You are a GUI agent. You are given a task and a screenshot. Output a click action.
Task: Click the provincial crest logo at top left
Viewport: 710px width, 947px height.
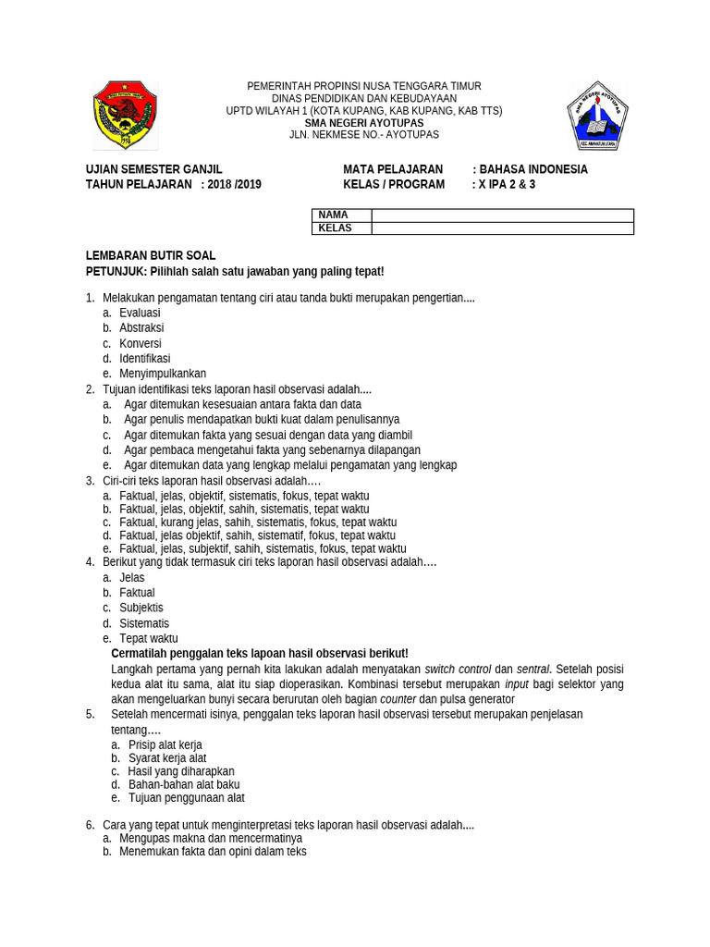pos(125,116)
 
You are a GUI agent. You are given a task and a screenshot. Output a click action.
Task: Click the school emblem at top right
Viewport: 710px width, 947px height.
pos(597,116)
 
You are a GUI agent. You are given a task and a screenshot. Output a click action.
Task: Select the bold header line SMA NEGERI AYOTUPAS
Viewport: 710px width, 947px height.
pos(364,123)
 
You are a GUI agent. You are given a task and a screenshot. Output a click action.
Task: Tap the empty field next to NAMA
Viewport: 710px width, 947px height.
pos(502,215)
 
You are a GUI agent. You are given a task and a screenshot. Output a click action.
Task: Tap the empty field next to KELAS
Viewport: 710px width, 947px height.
pos(502,228)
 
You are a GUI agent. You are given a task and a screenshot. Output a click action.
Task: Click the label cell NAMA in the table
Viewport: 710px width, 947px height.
pos(341,215)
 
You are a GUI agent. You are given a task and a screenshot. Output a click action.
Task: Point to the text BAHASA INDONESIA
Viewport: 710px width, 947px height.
pos(533,170)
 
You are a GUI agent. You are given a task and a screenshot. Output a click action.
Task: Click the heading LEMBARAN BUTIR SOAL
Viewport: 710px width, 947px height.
pos(151,256)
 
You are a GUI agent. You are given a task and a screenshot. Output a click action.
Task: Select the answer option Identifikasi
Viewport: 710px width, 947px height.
pos(144,359)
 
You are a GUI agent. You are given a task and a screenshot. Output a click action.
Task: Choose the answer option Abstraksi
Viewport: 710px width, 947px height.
pos(141,328)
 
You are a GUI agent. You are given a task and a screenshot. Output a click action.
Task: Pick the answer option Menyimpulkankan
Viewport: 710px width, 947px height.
pos(163,374)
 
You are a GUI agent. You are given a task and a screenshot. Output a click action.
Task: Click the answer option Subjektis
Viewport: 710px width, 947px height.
pos(141,609)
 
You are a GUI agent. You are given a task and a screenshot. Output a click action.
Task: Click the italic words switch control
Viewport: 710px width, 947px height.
pos(458,670)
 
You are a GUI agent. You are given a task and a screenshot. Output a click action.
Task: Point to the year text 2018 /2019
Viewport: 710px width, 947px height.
pos(234,185)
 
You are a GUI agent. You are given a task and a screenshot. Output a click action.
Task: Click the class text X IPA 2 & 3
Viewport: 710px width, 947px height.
pos(506,185)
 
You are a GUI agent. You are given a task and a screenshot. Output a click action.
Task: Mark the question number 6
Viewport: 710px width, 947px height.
pos(90,825)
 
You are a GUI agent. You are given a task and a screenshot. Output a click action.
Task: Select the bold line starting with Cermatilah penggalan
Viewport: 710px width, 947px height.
pos(259,654)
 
